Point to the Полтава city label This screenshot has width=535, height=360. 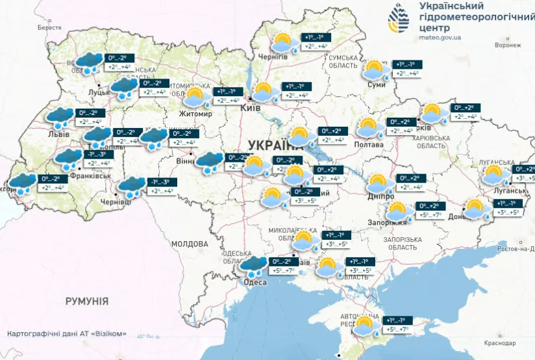point(368,144)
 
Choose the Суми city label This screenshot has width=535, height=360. point(377,84)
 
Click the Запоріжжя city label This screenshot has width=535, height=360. point(388,222)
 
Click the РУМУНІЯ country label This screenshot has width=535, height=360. point(86,301)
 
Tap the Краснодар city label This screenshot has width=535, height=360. point(501,342)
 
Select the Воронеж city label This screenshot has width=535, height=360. point(507,45)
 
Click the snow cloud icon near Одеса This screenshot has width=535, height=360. point(252,265)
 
